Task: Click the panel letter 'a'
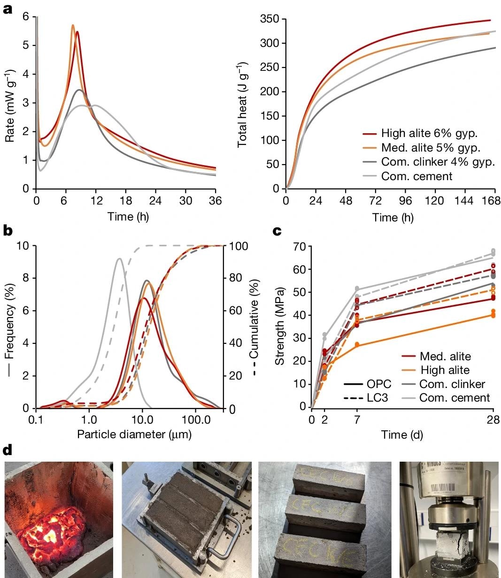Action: pos(8,9)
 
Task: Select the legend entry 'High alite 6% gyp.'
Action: pos(429,134)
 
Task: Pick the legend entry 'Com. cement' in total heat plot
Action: pos(416,176)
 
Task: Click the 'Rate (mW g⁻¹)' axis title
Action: pos(9,106)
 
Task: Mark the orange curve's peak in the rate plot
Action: pos(73,25)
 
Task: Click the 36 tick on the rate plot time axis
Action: pos(215,201)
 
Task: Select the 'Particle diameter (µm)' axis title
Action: pos(134,434)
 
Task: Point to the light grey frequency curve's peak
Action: pos(119,259)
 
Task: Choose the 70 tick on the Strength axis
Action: pos(300,246)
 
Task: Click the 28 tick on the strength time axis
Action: pos(493,419)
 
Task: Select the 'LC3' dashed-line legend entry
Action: pos(378,398)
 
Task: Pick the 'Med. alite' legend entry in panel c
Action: pos(445,357)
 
